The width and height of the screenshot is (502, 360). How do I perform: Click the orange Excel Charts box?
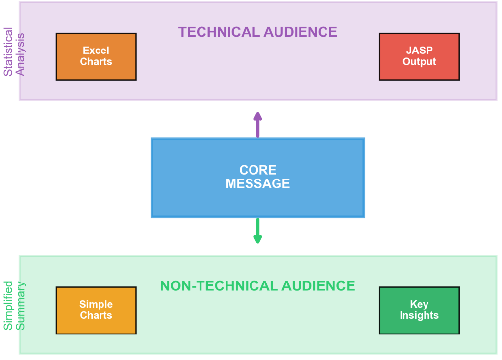(96, 56)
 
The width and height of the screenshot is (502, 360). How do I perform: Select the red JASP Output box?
(419, 56)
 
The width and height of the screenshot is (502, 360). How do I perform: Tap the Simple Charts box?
(96, 310)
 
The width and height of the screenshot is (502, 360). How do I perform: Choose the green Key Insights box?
(419, 310)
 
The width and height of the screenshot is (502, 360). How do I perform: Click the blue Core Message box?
(257, 177)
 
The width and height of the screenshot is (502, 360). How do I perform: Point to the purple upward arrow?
(257, 125)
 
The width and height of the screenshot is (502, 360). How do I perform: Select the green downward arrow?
(257, 231)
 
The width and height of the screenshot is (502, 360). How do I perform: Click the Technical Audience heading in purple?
(257, 32)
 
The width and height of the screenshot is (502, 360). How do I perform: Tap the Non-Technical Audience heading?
(257, 286)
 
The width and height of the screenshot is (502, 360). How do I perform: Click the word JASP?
(419, 50)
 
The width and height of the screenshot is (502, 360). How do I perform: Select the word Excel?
(96, 50)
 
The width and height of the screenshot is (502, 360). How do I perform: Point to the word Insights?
(419, 316)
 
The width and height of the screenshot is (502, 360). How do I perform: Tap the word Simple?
(96, 304)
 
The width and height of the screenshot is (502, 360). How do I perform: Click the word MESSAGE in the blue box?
(257, 184)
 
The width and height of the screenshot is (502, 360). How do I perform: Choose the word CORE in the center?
(257, 170)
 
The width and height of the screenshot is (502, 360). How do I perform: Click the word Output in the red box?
(419, 62)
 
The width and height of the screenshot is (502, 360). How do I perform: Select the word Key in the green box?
(419, 304)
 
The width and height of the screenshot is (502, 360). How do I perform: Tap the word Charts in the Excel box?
(96, 62)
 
